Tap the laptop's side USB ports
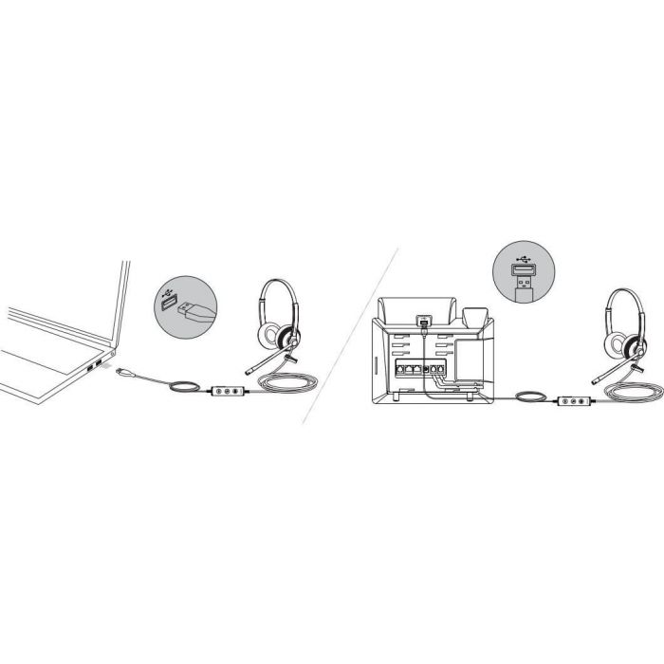(95, 366)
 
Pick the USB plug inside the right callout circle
(520, 282)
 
